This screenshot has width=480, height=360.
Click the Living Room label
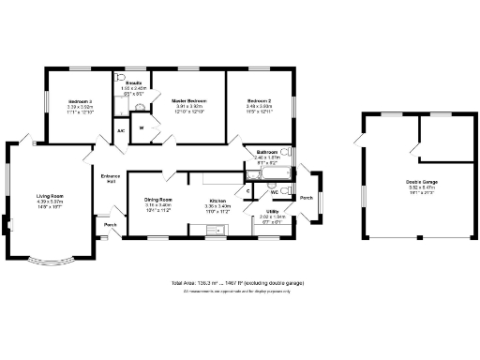49,196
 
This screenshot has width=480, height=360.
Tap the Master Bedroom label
188,100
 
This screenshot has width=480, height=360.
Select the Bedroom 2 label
260,100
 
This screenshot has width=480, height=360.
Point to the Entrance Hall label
112,179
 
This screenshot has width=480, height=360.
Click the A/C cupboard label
121,130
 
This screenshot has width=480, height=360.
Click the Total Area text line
237,282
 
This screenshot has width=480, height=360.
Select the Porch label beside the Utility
306,198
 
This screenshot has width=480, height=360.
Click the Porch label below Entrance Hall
110,225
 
